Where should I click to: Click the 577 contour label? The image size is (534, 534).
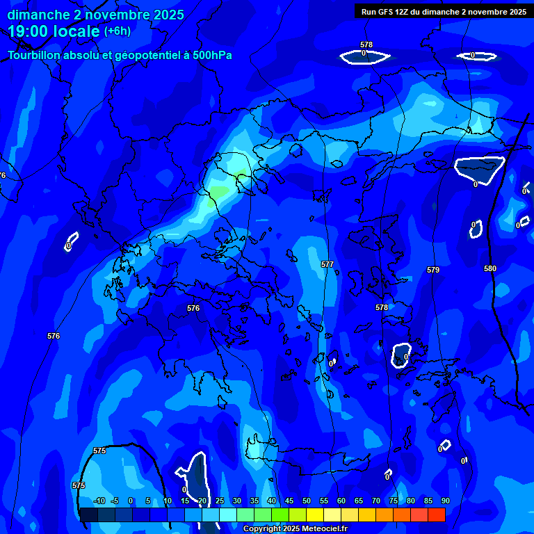pyautogui.click(x=327, y=265)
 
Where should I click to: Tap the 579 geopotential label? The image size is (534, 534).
pyautogui.click(x=433, y=270)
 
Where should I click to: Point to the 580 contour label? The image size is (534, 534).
pyautogui.click(x=490, y=268)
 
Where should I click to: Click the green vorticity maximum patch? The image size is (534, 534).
pyautogui.click(x=220, y=191)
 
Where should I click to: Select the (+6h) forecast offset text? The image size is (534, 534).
pyautogui.click(x=118, y=31)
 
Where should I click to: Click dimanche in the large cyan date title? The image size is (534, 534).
pyautogui.click(x=38, y=15)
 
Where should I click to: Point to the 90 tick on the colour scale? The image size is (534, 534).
pyautogui.click(x=445, y=501)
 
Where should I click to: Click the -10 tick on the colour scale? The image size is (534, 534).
pyautogui.click(x=99, y=501)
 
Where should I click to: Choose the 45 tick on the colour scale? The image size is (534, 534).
pyautogui.click(x=289, y=501)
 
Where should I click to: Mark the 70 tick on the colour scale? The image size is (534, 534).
pyautogui.click(x=376, y=501)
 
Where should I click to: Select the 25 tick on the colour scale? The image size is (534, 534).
pyautogui.click(x=220, y=501)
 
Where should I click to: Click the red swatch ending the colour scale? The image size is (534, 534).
pyautogui.click(x=436, y=515)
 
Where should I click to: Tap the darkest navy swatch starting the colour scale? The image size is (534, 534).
pyautogui.click(x=88, y=515)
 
